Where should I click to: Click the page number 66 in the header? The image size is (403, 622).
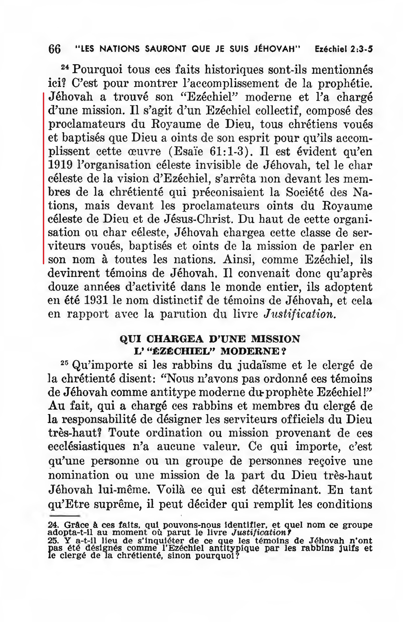pyautogui.click(x=54, y=49)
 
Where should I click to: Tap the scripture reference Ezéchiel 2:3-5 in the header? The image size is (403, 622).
pyautogui.click(x=344, y=49)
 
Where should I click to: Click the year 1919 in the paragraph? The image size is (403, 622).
pyautogui.click(x=60, y=165)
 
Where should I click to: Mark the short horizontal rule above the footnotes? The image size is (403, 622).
pyautogui.click(x=64, y=516)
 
